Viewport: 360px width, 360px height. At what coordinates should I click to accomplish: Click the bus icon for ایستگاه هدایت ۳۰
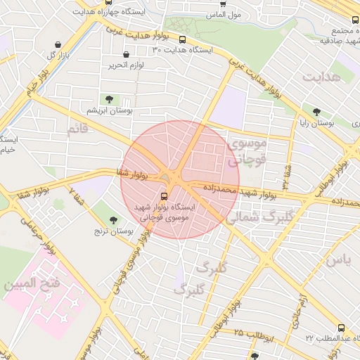pyautogui.click(x=183, y=40)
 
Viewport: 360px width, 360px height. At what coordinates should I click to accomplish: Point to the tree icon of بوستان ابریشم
pyautogui.click(x=108, y=99)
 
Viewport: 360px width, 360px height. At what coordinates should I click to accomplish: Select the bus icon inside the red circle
pyautogui.click(x=164, y=196)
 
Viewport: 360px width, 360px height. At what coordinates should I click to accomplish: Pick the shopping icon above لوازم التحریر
pyautogui.click(x=126, y=54)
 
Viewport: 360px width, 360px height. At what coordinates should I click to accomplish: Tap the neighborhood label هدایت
pyautogui.click(x=323, y=75)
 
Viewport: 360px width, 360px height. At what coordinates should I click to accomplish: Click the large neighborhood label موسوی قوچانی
pyautogui.click(x=246, y=151)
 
